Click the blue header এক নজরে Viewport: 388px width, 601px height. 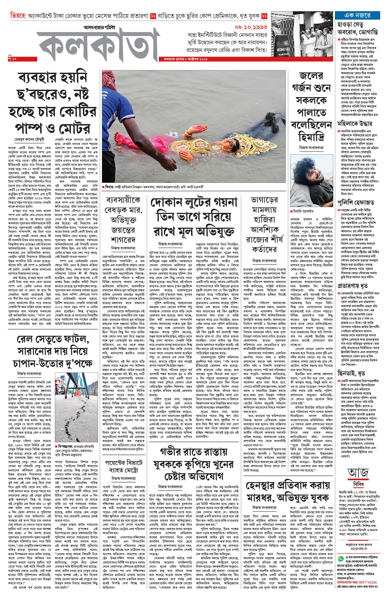pos(357,16)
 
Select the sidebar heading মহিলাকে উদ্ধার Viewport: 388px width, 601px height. pos(355,124)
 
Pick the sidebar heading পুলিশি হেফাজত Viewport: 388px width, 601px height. pos(356,202)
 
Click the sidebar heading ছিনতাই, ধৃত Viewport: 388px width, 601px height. pos(351,373)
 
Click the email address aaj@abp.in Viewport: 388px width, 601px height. pos(359,548)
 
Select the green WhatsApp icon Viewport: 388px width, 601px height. pos(341,558)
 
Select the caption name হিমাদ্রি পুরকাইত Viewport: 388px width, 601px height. pos(303,211)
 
